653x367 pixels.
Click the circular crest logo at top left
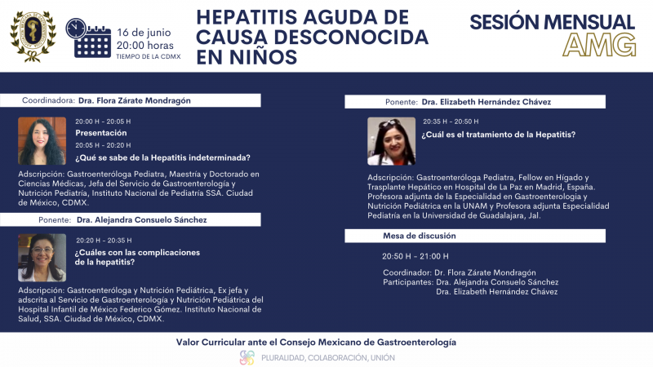click(x=33, y=35)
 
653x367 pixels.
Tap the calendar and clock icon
click(x=87, y=38)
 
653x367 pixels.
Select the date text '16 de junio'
click(x=149, y=30)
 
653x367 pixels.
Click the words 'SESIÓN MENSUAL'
click(x=552, y=22)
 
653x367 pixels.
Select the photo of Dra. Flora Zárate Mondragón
click(x=42, y=141)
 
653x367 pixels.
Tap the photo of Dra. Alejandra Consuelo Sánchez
click(x=42, y=257)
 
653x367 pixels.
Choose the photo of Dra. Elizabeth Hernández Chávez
click(x=391, y=141)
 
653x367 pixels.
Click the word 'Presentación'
click(x=101, y=132)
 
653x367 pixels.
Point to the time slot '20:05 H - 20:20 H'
click(x=103, y=144)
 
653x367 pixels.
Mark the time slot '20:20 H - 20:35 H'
click(x=103, y=241)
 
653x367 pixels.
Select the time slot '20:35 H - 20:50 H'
click(x=450, y=121)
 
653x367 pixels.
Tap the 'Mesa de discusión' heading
click(x=420, y=236)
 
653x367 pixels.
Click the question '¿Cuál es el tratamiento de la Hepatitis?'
click(x=499, y=135)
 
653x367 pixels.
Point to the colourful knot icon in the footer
click(x=247, y=357)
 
